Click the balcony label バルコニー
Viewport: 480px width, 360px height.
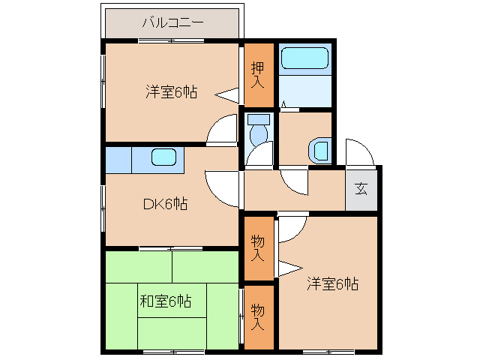point(172,22)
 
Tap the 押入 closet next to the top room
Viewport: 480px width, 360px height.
point(257,75)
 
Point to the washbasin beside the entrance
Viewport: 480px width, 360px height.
point(320,150)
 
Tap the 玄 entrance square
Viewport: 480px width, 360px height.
point(361,189)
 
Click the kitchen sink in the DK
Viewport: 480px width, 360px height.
point(163,157)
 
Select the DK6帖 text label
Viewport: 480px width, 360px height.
point(166,203)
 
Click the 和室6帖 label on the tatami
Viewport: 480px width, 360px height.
point(165,301)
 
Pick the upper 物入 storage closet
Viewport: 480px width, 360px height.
point(257,247)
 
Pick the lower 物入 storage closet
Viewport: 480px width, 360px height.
point(257,316)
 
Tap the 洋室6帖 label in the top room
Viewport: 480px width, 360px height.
point(171,92)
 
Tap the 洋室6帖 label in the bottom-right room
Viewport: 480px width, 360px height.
point(331,284)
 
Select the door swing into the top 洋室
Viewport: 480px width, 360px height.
point(223,130)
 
